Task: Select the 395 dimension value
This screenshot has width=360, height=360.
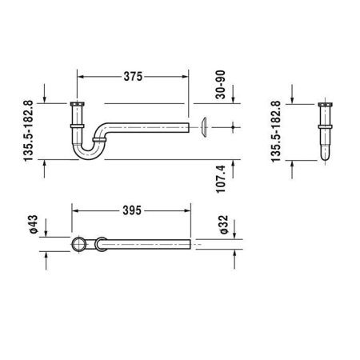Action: (x=132, y=212)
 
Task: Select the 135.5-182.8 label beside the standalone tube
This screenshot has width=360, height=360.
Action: (x=277, y=132)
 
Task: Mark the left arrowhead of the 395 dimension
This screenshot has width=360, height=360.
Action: (x=74, y=212)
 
